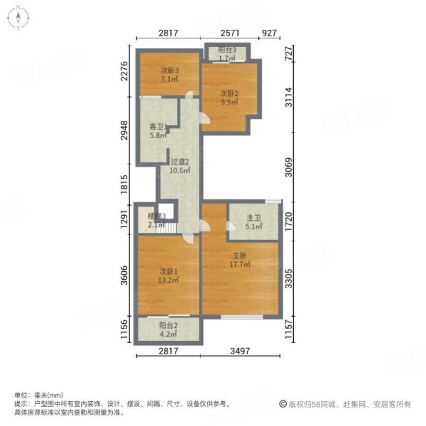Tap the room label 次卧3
pos(168,70)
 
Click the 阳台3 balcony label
pos(227,50)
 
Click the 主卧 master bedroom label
pos(239,256)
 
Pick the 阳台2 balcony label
pos(168,326)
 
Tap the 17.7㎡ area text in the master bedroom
pos(239,264)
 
